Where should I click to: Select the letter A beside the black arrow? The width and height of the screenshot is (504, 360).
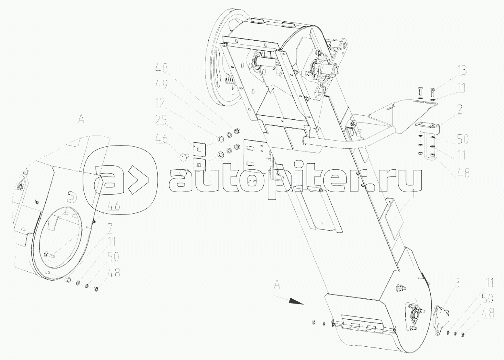pos(277,284)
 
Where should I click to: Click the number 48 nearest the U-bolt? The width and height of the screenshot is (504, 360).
pos(463,174)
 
